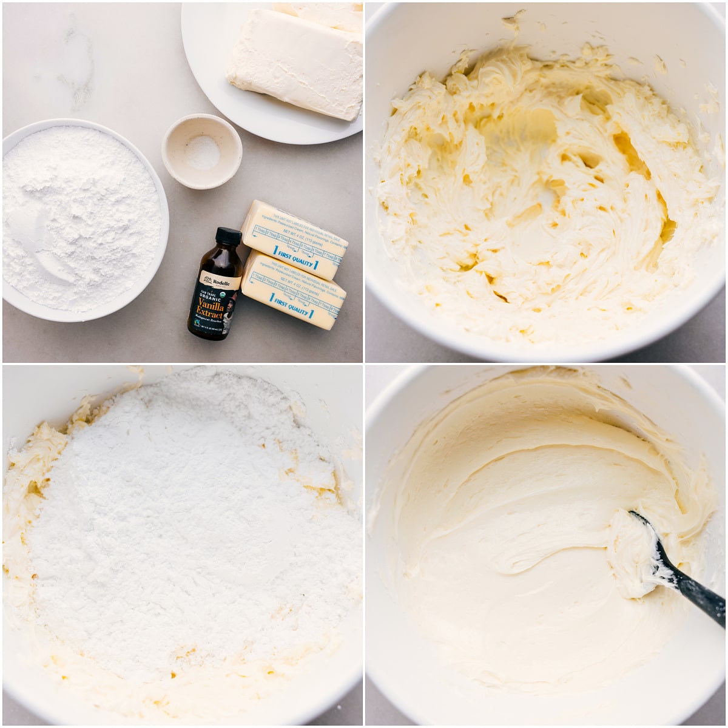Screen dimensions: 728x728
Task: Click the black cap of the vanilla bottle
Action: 228,236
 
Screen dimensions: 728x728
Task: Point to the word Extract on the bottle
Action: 209,315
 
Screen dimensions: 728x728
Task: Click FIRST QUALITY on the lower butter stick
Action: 292,306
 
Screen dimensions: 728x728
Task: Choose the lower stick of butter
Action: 294,291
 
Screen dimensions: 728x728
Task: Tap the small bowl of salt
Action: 201,151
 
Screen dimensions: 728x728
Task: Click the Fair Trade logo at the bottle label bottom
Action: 195,324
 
